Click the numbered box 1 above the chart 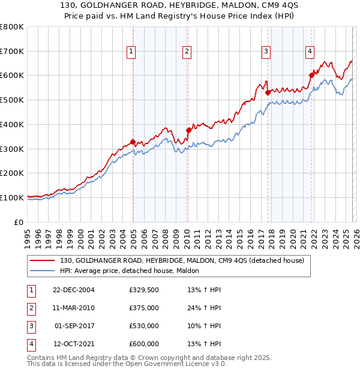point(131,52)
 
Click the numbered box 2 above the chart point(187,52)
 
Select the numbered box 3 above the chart point(266,52)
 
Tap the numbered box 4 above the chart point(310,52)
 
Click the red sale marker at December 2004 point(133,142)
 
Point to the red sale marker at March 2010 point(188,130)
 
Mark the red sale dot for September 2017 point(268,92)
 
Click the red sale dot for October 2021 point(311,75)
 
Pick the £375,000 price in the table point(144,308)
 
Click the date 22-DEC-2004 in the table point(73,290)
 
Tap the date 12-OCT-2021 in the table point(73,344)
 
